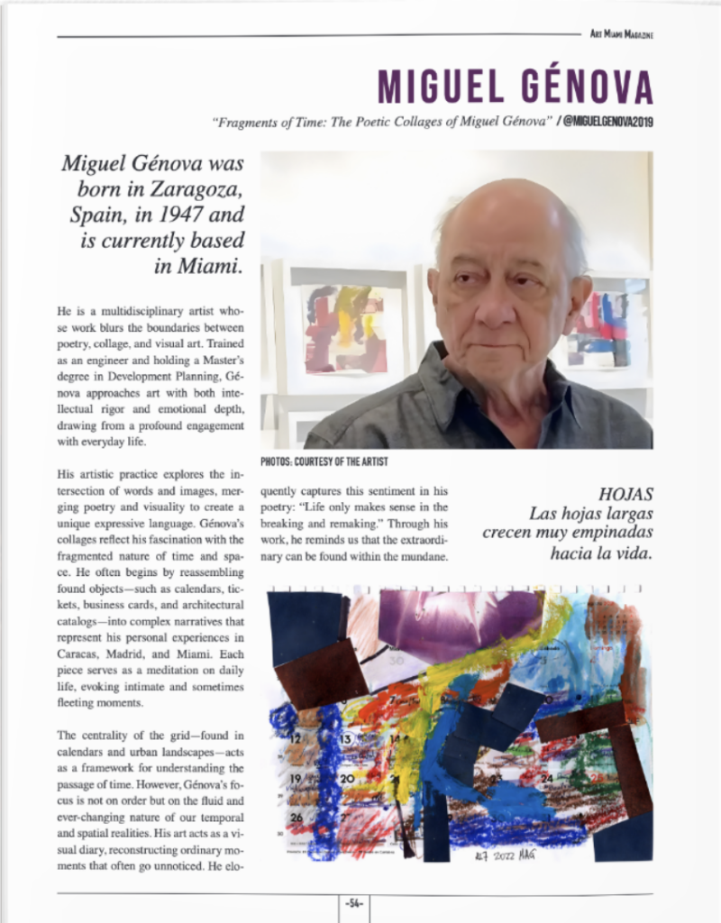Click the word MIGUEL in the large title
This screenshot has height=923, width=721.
click(x=439, y=87)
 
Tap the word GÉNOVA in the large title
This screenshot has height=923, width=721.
click(x=586, y=87)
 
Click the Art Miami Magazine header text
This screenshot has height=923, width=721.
click(x=621, y=34)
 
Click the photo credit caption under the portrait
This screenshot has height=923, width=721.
click(x=324, y=461)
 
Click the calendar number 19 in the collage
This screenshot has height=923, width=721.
click(x=295, y=779)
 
